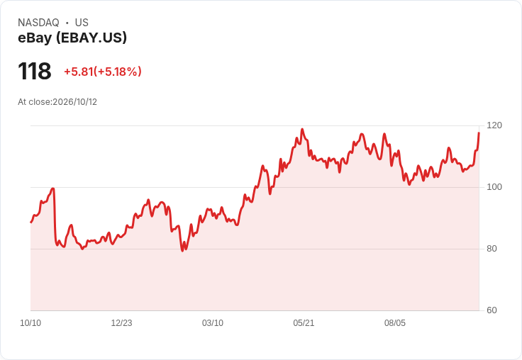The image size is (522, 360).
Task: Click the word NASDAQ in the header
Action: tap(38, 23)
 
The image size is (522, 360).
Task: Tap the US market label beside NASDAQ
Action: tap(82, 23)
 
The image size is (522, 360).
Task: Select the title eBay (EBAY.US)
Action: tap(72, 38)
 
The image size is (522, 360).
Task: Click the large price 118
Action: tap(35, 71)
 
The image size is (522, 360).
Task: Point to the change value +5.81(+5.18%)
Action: tap(103, 72)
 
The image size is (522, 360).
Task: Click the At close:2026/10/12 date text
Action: tap(57, 102)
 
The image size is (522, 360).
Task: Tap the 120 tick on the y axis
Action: tap(494, 125)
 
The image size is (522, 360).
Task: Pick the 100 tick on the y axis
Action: tap(494, 187)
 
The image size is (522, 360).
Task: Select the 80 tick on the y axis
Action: tap(492, 249)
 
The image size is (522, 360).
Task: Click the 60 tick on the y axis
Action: tap(492, 310)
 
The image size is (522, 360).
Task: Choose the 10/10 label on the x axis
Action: tap(30, 323)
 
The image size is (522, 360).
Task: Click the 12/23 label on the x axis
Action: tap(121, 323)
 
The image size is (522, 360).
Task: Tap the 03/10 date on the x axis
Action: tap(213, 323)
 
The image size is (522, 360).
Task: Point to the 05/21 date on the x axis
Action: tap(304, 323)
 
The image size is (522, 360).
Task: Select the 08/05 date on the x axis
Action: tap(395, 323)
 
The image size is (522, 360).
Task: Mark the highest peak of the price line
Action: tap(302, 129)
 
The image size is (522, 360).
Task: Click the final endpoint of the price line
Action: tap(479, 133)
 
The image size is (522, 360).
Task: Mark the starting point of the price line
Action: tap(31, 223)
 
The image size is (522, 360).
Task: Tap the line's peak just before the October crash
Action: tap(53, 189)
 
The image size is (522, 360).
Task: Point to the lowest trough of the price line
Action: tap(182, 251)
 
